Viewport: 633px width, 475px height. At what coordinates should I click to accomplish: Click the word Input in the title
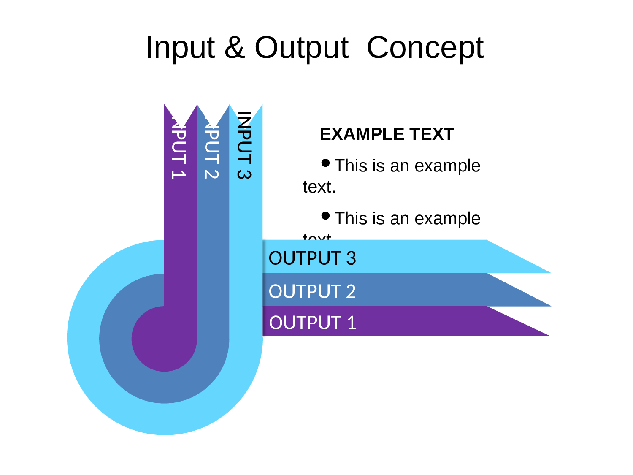point(180,48)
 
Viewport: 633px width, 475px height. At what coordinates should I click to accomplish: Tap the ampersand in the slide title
point(235,47)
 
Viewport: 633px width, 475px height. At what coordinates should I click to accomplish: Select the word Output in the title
point(301,48)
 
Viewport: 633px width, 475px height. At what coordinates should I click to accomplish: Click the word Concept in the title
point(425,48)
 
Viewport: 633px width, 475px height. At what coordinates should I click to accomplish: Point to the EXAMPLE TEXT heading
point(387,134)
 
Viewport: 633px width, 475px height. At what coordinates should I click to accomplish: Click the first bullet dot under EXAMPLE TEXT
point(325,163)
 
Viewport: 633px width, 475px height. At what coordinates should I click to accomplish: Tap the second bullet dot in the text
point(325,216)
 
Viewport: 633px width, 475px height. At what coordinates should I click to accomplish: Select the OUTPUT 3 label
point(312,258)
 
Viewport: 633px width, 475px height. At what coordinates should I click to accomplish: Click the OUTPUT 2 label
point(312,291)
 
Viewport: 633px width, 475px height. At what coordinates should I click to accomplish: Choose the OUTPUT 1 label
point(312,323)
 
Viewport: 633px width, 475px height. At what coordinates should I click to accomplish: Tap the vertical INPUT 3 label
point(244,145)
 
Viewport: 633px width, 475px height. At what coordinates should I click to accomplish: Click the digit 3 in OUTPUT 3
point(351,258)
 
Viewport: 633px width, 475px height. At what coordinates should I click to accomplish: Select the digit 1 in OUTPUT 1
point(352,323)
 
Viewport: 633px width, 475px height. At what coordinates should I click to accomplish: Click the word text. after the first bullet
point(319,187)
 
